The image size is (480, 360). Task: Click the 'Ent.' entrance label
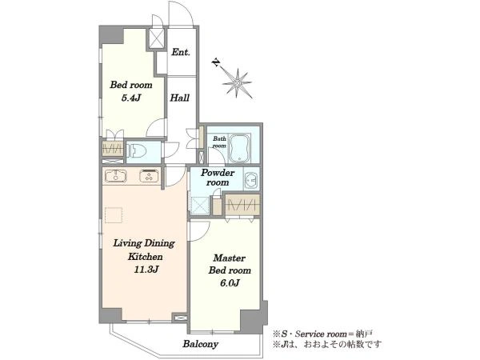pos(181,52)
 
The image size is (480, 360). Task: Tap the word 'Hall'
pos(180,98)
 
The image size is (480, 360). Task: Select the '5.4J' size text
pos(131,98)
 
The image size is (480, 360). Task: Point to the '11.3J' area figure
pos(146,270)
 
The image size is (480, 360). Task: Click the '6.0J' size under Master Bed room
pos(230,283)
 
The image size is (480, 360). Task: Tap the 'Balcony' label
pos(201,344)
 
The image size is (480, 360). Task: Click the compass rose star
pos(238,83)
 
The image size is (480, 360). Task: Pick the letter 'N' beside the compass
pos(217,62)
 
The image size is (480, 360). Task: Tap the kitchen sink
pos(116,176)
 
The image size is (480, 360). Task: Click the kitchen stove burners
pos(150,176)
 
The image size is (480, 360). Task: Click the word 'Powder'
pos(218,173)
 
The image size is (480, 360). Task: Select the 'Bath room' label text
pos(219,142)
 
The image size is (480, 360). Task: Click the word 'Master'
pos(230,258)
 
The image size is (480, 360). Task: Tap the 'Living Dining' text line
pos(144,243)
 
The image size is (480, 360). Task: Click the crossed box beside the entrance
pos(157,38)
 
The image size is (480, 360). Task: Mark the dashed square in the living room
pos(114,215)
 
